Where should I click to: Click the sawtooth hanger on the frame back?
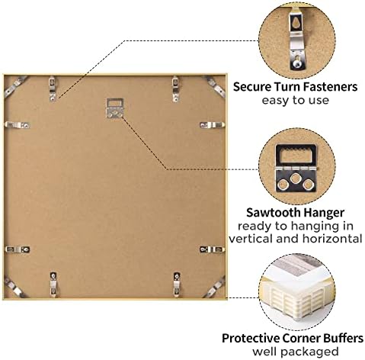tap(114, 108)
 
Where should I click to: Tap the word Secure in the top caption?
tap(252, 87)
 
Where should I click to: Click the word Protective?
tap(251, 339)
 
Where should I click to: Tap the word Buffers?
tap(343, 339)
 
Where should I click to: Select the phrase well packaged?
tap(296, 352)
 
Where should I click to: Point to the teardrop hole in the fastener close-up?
tap(296, 23)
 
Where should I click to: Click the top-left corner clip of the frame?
tap(14, 86)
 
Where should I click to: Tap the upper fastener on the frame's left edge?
tap(18, 125)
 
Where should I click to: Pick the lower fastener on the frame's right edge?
tap(213, 249)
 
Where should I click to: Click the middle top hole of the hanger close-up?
tap(296, 178)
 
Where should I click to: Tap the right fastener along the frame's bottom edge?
tap(177, 284)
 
